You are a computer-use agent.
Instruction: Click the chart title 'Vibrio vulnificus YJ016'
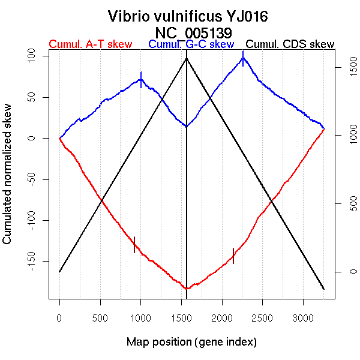(188, 16)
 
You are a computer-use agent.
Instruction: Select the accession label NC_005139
(193, 31)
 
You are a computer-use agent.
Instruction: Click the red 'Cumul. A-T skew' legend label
(90, 44)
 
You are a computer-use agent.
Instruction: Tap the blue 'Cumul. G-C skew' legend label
(191, 44)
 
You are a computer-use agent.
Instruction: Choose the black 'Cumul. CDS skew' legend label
(290, 44)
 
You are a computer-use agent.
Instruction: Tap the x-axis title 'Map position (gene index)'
(191, 342)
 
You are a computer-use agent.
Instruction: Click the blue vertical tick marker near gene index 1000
(141, 79)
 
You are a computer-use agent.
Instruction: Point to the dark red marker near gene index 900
(134, 245)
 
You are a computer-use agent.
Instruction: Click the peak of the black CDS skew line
(187, 58)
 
